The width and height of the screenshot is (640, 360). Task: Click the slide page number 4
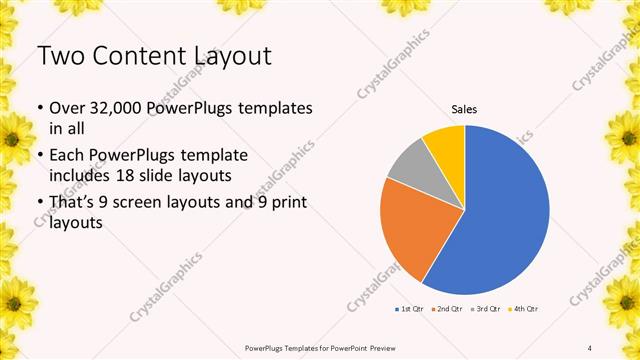pos(590,347)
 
